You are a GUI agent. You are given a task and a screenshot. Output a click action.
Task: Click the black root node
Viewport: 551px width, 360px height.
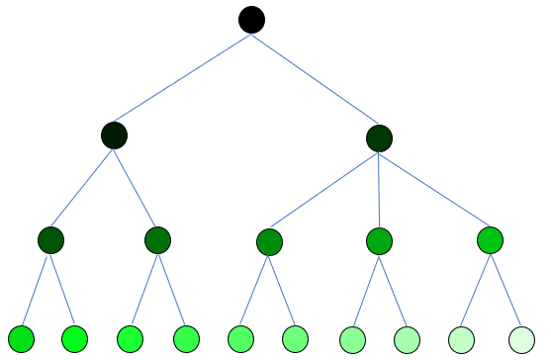click(x=252, y=19)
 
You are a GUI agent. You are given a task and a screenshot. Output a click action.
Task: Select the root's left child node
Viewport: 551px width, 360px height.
click(x=115, y=135)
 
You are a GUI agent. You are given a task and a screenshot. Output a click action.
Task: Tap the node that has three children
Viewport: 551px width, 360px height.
click(x=379, y=137)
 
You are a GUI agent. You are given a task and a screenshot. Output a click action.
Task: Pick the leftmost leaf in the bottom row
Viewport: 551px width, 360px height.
click(x=22, y=339)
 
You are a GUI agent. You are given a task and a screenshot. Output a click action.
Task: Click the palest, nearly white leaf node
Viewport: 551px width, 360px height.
click(x=521, y=339)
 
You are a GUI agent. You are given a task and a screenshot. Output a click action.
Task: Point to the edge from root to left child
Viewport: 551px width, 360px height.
click(x=183, y=77)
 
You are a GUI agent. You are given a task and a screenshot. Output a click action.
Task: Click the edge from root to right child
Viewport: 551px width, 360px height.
click(x=316, y=78)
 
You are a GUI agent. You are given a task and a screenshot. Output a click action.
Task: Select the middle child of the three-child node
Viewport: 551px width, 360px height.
click(x=379, y=240)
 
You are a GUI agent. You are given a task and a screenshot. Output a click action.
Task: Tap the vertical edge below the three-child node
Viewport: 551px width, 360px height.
click(x=379, y=188)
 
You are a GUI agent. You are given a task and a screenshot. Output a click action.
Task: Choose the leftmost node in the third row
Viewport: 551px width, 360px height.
click(x=51, y=240)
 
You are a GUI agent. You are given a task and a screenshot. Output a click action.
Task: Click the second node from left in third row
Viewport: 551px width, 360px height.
click(x=158, y=240)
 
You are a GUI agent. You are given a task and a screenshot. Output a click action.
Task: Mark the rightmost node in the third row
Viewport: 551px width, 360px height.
click(x=490, y=240)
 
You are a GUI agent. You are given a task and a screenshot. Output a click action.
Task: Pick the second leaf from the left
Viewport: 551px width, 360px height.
click(x=75, y=339)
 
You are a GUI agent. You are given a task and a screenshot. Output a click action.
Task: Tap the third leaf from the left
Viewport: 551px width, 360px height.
click(x=130, y=339)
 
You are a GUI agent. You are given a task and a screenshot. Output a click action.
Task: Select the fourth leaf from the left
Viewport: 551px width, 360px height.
click(x=186, y=339)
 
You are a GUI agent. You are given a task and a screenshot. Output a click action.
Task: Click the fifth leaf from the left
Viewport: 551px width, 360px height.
click(x=241, y=339)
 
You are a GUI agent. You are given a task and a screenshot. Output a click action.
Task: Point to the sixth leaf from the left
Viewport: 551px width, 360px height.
click(x=295, y=339)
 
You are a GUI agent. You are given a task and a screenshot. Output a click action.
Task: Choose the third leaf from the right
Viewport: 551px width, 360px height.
click(x=407, y=339)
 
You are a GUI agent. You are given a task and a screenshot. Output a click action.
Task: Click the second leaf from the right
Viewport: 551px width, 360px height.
click(x=462, y=339)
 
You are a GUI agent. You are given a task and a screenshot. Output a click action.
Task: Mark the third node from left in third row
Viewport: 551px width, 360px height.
click(x=269, y=241)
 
